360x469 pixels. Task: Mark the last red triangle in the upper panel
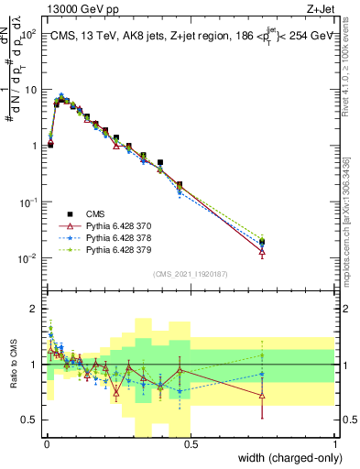263,250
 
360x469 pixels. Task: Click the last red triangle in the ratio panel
263,396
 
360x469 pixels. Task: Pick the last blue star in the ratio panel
263,374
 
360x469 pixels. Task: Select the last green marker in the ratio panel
263,355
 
